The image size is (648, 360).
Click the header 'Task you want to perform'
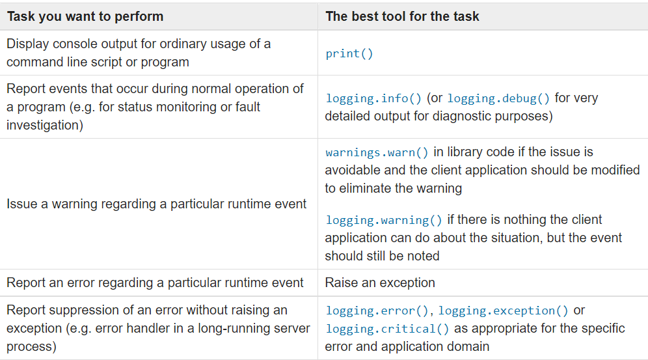[x=85, y=16]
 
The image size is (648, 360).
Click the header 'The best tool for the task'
[x=402, y=16]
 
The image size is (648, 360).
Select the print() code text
[x=349, y=54]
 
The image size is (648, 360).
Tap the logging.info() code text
[x=374, y=98]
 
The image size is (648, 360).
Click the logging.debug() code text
[x=498, y=98]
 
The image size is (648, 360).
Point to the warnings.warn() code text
[x=377, y=152]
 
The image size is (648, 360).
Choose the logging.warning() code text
[x=383, y=220]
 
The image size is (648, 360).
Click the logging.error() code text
[x=380, y=311]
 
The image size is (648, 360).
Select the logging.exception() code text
[x=504, y=311]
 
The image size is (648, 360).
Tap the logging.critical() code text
[x=387, y=329]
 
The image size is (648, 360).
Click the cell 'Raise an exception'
[x=380, y=283]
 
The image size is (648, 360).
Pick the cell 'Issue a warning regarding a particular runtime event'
[x=156, y=204]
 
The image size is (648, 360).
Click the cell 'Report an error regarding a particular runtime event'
[x=155, y=283]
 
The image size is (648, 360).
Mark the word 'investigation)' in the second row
[x=45, y=125]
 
